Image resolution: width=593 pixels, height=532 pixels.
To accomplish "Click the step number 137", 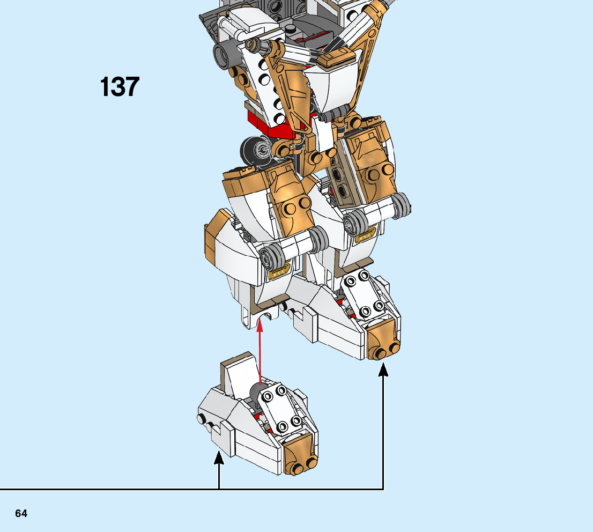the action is tap(120, 87).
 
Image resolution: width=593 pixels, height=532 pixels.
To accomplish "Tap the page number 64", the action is tap(21, 513).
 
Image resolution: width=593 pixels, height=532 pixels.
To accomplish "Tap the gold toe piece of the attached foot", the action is tap(382, 338).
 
